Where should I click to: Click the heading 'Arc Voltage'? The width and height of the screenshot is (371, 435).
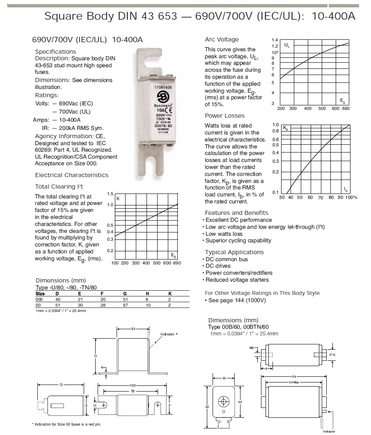click(x=222, y=39)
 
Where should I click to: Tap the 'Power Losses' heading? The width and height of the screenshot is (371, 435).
click(x=224, y=116)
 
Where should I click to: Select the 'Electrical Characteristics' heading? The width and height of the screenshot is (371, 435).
click(x=72, y=175)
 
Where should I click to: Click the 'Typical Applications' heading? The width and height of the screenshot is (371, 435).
click(x=234, y=252)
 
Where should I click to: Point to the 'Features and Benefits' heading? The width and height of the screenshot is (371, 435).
click(x=236, y=213)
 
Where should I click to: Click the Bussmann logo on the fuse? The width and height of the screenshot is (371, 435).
click(x=161, y=97)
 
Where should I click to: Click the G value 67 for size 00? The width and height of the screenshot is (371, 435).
click(x=125, y=305)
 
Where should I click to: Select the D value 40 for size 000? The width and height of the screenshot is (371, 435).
click(x=57, y=300)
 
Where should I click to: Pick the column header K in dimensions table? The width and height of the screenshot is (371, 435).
click(x=170, y=294)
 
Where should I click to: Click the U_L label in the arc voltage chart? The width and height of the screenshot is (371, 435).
click(x=286, y=45)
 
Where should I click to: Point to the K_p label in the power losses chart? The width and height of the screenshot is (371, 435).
click(x=286, y=129)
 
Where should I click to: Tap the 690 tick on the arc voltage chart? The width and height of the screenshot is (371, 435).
click(x=346, y=109)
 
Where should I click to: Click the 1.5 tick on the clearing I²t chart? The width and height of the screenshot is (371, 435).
click(x=110, y=194)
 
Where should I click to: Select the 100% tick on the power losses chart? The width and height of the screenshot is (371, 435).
click(x=351, y=198)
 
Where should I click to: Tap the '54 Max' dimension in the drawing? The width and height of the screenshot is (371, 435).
click(x=293, y=382)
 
